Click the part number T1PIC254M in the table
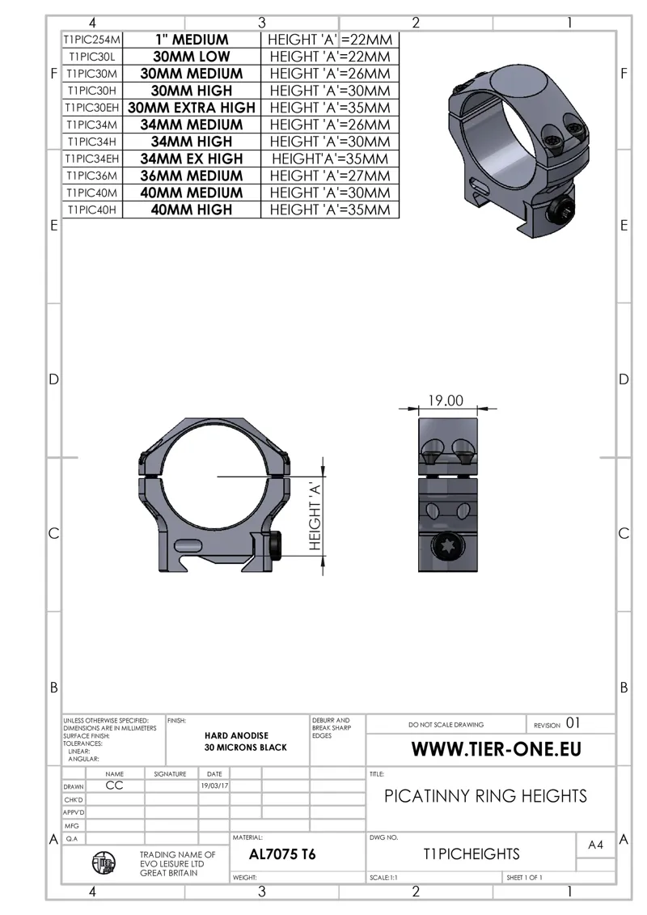tap(93, 40)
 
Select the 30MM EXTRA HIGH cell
tap(192, 108)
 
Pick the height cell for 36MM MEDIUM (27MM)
tap(330, 176)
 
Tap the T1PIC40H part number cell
tap(93, 210)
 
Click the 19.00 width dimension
tap(445, 400)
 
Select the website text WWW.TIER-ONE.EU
tap(496, 748)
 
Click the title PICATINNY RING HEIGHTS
tap(485, 796)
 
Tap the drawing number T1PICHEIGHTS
tap(472, 854)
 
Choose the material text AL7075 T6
tap(282, 854)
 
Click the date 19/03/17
tap(214, 786)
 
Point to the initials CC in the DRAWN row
tap(114, 786)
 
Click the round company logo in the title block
tap(103, 865)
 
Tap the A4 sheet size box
tap(595, 845)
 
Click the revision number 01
tap(572, 723)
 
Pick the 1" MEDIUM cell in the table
tap(192, 40)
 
